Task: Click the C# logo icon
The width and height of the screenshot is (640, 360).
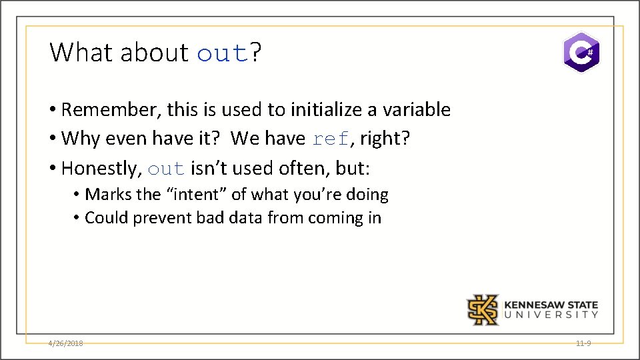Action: point(581,52)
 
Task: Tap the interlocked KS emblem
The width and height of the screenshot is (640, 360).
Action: point(482,310)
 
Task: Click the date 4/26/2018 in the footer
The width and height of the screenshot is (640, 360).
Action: point(65,343)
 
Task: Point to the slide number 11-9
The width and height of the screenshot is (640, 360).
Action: point(583,343)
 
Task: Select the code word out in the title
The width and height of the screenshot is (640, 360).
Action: point(223,53)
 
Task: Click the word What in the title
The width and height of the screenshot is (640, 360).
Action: point(81,52)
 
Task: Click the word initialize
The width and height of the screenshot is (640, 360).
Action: point(312,109)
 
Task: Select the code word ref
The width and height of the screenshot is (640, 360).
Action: point(331,139)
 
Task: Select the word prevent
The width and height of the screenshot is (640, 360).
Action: point(163,218)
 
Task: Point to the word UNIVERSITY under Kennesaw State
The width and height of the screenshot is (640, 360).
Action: point(551,315)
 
